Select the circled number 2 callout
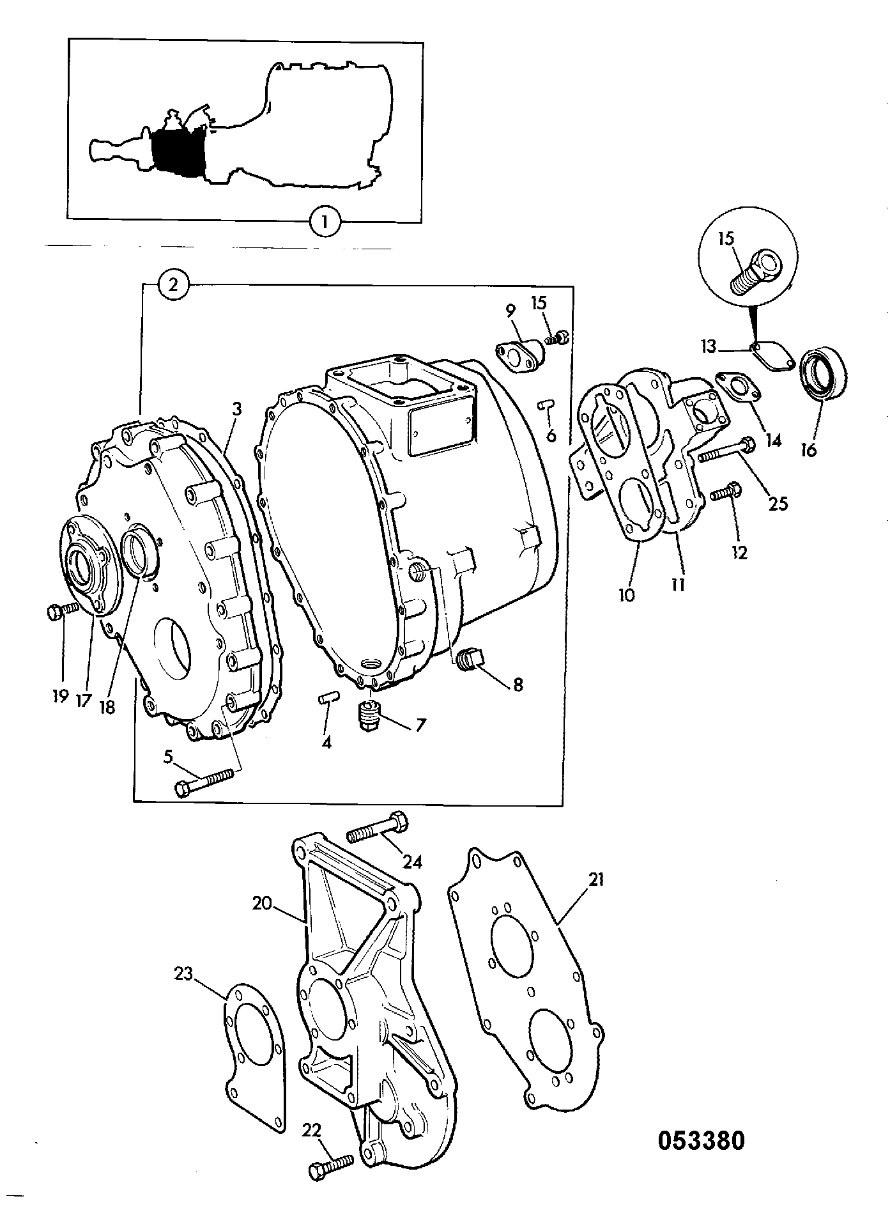click(173, 286)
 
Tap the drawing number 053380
click(702, 1140)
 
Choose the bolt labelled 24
click(377, 826)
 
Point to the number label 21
click(596, 880)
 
